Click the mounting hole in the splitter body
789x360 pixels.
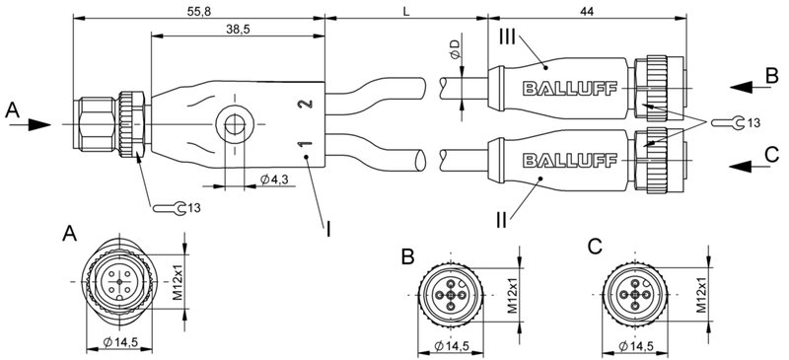(x=233, y=125)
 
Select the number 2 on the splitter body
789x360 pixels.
(x=306, y=103)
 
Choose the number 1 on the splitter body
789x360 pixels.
(x=306, y=148)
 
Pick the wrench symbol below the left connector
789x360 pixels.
(x=169, y=207)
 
